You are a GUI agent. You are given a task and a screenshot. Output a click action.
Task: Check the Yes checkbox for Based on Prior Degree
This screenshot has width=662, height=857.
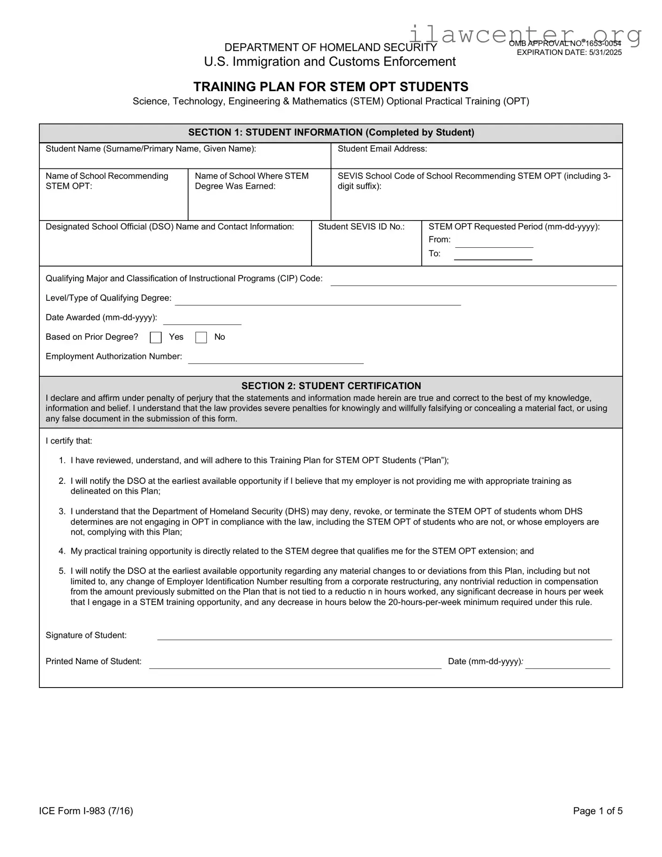156,337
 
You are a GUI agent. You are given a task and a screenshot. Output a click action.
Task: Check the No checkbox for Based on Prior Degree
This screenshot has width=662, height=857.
201,337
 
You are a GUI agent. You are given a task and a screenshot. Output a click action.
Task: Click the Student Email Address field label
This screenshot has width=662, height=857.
382,149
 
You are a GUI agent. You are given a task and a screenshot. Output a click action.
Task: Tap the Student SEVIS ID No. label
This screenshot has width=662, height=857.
361,227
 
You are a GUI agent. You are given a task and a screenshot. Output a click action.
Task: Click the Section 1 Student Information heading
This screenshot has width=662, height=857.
331,132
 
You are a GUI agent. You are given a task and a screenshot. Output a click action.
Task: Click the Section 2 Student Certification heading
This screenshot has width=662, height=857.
331,386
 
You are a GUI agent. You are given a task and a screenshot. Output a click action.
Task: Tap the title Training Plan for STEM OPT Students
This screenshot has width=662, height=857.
331,87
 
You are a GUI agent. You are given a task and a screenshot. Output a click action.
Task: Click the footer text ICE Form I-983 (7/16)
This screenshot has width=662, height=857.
86,811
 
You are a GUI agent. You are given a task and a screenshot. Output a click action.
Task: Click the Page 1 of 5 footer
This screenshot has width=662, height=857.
597,811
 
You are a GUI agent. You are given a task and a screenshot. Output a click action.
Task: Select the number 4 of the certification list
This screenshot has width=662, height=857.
62,551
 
